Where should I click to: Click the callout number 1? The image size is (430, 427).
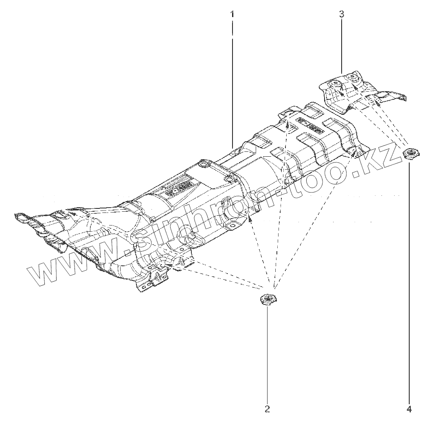[232, 14]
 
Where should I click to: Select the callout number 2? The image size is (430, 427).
[267, 409]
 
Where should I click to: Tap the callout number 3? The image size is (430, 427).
[341, 14]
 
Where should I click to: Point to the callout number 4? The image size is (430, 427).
[409, 409]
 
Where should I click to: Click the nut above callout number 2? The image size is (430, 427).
[267, 300]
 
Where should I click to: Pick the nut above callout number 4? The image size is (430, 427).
[409, 154]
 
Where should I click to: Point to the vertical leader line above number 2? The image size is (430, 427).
[267, 354]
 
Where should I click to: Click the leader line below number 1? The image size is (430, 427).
[232, 81]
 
